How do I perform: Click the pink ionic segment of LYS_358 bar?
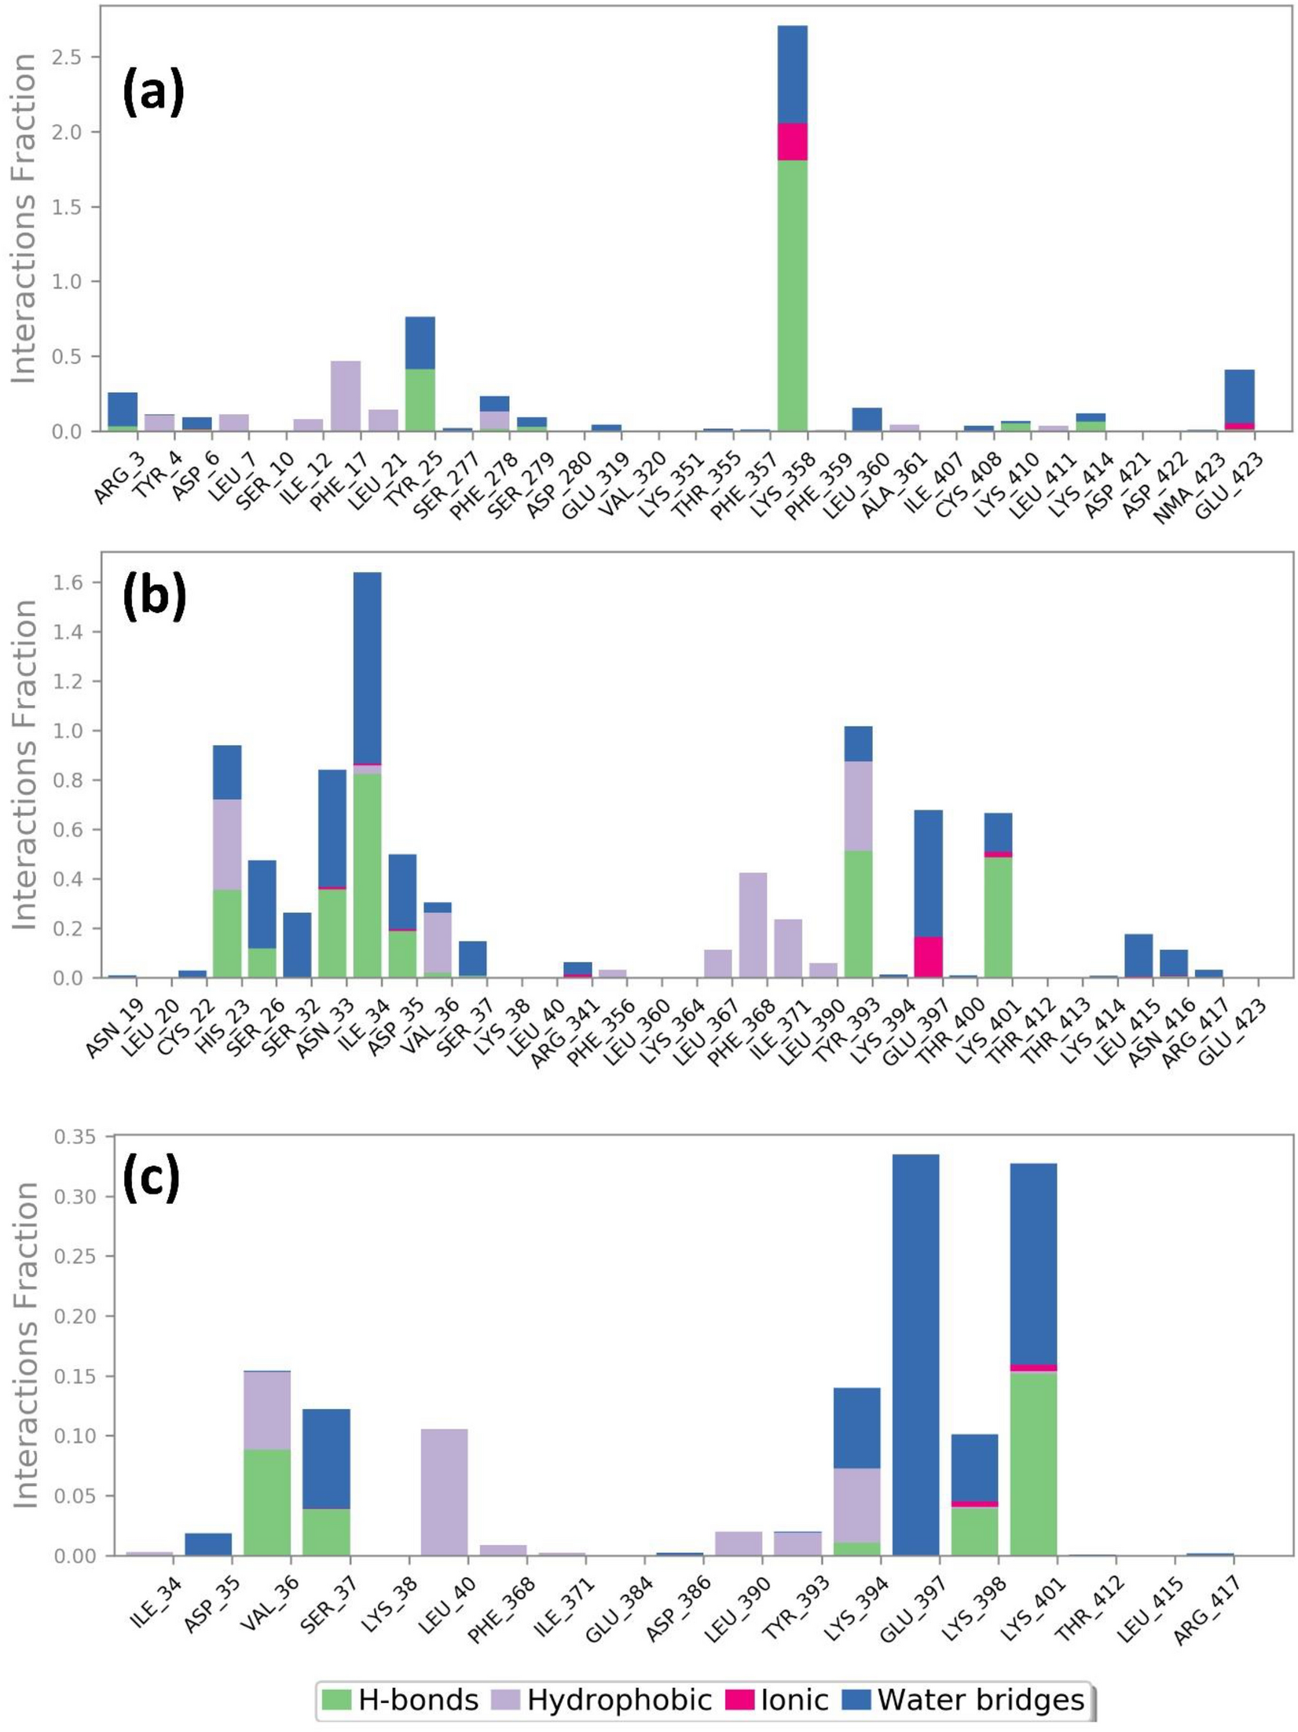(792, 142)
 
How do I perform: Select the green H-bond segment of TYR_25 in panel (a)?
(420, 400)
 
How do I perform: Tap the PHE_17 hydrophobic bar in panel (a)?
(346, 396)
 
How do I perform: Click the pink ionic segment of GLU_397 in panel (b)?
(928, 957)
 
